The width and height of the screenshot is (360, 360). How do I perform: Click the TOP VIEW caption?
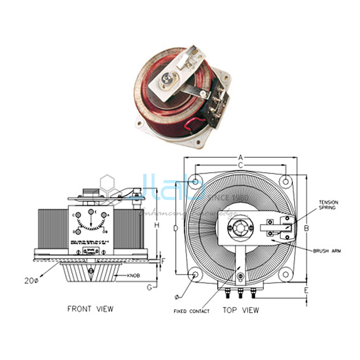pyautogui.click(x=241, y=311)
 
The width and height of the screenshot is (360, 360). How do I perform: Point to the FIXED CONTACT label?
pyautogui.click(x=191, y=311)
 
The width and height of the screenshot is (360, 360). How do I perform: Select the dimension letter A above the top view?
pyautogui.click(x=241, y=156)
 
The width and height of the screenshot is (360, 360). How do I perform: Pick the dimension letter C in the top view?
pyautogui.click(x=240, y=164)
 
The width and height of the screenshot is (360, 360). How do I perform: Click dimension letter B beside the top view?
pyautogui.click(x=305, y=228)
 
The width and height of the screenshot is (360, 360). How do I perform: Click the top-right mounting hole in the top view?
pyautogui.click(x=288, y=179)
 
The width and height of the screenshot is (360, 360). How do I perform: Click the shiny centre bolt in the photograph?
pyautogui.click(x=164, y=79)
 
